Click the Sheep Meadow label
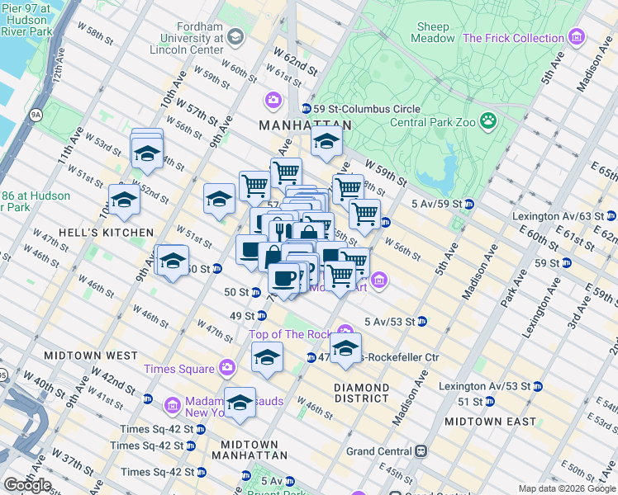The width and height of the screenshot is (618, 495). pos(434,32)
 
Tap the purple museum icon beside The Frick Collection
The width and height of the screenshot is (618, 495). pos(577,38)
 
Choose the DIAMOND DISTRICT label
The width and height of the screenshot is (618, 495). pos(362,393)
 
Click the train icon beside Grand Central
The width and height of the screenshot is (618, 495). pos(421,451)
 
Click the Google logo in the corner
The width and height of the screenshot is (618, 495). pos(27,485)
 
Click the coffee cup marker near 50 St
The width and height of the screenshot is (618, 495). pos(284,277)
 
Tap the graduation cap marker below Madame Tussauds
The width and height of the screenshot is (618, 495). pos(240,403)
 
